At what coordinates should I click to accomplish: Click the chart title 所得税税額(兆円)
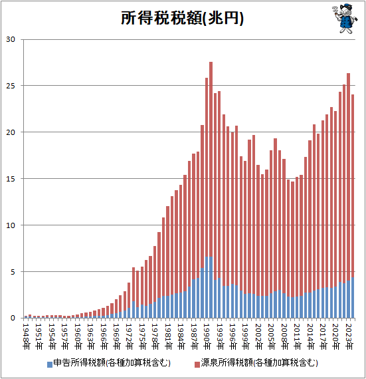click(182, 18)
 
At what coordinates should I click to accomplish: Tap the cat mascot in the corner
click(345, 19)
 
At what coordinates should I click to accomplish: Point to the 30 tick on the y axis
click(11, 39)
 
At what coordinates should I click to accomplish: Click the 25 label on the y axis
click(11, 86)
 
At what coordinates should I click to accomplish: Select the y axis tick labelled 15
click(11, 179)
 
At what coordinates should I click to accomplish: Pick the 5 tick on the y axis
click(13, 272)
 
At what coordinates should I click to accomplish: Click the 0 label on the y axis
click(13, 318)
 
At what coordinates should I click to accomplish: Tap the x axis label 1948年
click(26, 336)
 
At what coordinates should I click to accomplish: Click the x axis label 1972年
click(129, 336)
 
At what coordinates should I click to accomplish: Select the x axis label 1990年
click(207, 336)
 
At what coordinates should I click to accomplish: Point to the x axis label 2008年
click(284, 336)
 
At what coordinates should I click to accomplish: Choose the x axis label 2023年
click(349, 336)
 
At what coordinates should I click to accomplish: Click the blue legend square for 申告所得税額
click(50, 364)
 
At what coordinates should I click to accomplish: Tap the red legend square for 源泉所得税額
click(197, 364)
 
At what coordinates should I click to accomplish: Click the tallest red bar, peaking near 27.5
click(211, 160)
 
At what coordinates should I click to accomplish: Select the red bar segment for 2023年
click(348, 177)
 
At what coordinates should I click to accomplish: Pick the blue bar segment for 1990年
click(207, 287)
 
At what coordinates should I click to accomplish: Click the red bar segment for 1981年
click(168, 251)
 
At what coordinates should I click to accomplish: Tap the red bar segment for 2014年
click(310, 217)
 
